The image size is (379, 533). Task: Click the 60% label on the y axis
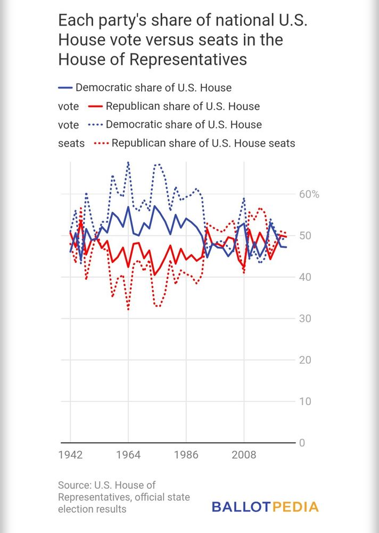308,194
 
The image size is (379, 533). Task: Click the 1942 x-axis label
70,455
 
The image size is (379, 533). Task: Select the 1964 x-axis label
128,455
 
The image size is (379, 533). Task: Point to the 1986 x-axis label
186,455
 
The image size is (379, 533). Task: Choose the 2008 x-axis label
244,455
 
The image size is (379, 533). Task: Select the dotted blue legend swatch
95,125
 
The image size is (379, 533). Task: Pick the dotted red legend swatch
101,143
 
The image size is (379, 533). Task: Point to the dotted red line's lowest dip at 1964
128,309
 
